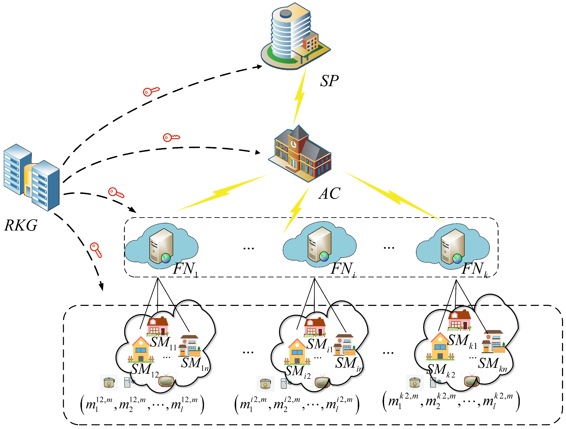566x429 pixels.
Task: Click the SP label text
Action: point(329,81)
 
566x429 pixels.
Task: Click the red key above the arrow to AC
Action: point(171,138)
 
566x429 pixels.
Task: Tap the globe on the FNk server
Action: point(457,259)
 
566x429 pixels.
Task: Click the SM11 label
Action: point(163,343)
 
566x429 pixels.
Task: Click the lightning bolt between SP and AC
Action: point(299,97)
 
